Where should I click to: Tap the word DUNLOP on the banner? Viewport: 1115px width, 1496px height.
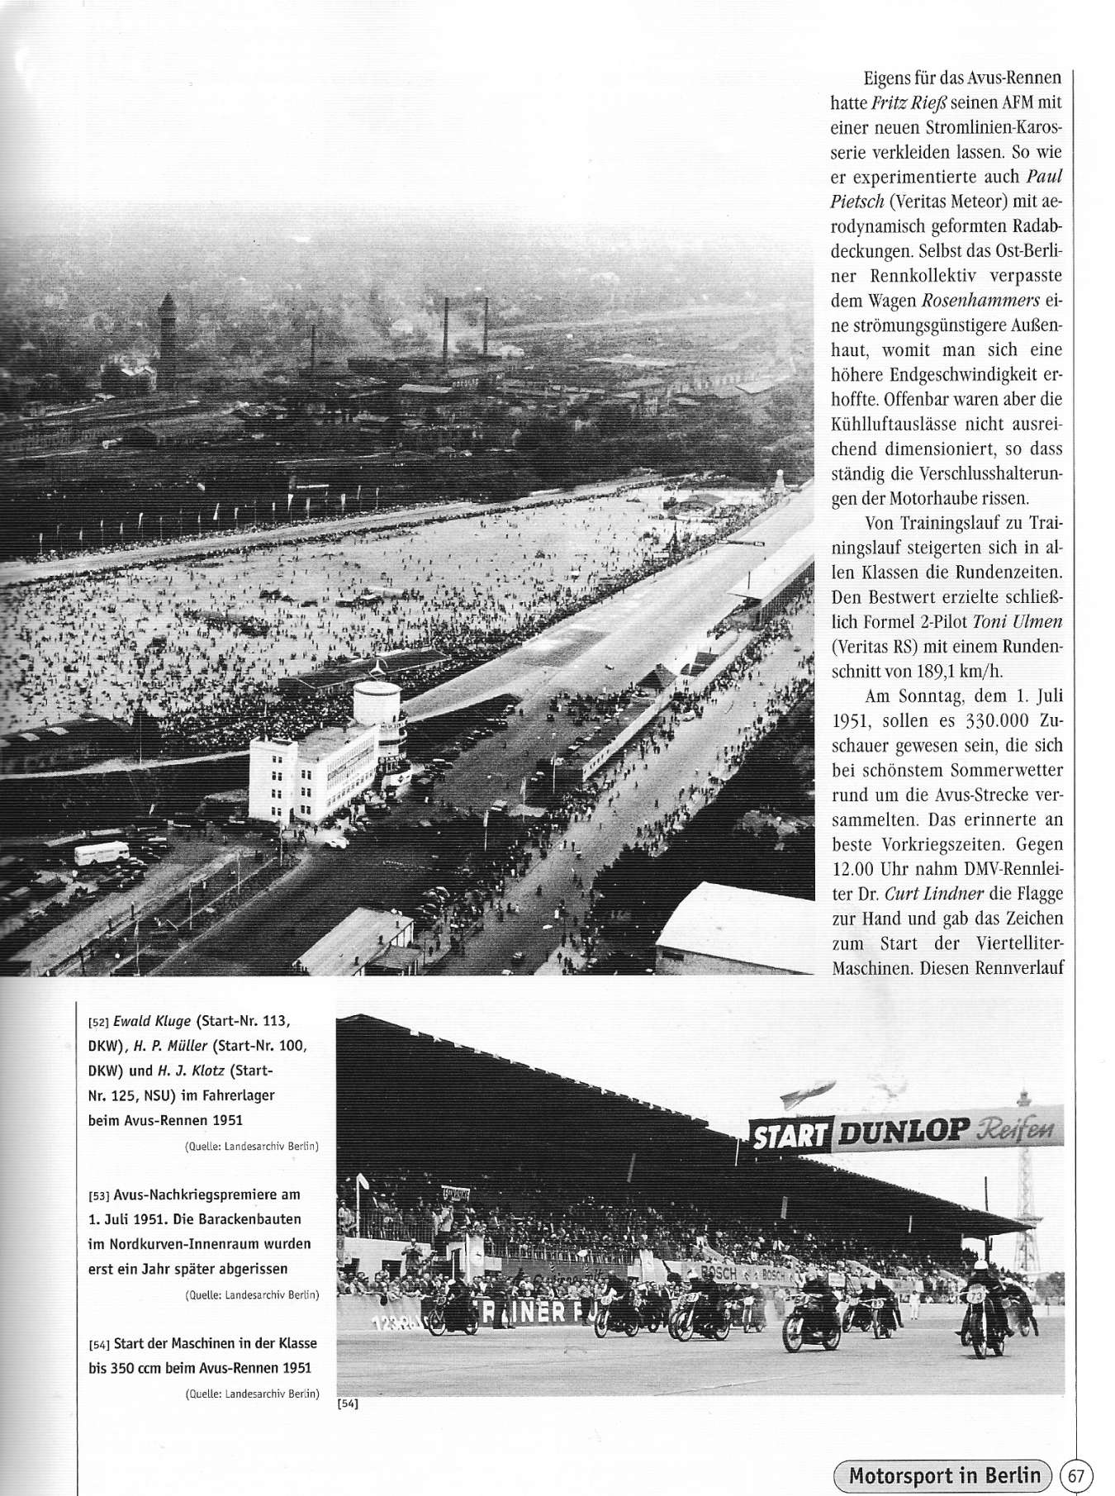[x=898, y=1133]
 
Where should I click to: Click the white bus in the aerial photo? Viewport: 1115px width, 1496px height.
[x=102, y=852]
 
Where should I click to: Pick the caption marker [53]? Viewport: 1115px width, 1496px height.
[x=99, y=1195]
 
